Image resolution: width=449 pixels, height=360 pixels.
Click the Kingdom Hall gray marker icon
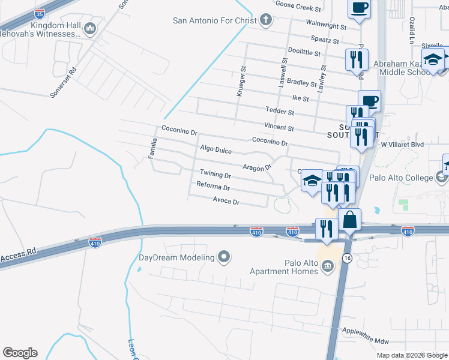[91, 28]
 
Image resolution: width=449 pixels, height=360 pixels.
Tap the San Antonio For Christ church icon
[267, 20]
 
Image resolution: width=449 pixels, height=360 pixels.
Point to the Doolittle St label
[304, 52]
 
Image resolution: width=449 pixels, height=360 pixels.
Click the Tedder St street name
[280, 112]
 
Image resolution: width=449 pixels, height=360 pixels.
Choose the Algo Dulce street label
[215, 149]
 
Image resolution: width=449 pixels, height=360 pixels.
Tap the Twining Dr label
[215, 175]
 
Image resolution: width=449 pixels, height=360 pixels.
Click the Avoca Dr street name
[226, 202]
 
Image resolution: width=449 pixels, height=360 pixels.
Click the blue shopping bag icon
[349, 220]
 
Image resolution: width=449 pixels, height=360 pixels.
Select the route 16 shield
[347, 257]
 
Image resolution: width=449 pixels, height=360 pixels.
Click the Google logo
[20, 353]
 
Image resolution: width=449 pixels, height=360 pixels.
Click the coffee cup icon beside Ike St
[369, 100]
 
